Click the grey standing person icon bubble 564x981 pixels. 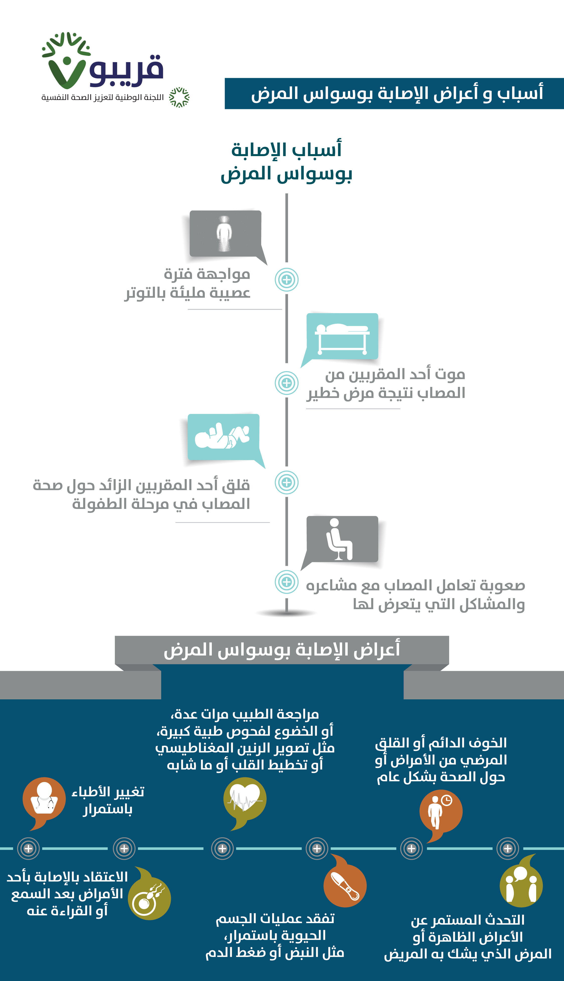pyautogui.click(x=225, y=234)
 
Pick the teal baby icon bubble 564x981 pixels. pyautogui.click(x=224, y=437)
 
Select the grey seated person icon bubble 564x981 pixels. pyautogui.click(x=342, y=539)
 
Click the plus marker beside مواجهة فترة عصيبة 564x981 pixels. pyautogui.click(x=287, y=279)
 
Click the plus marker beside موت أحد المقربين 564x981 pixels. pyautogui.click(x=287, y=383)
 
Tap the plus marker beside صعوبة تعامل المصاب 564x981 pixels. pyautogui.click(x=287, y=582)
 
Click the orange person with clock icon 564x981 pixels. pyautogui.click(x=441, y=811)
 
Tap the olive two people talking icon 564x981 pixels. pyautogui.click(x=521, y=886)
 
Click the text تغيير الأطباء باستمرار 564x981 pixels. pyautogui.click(x=108, y=800)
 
